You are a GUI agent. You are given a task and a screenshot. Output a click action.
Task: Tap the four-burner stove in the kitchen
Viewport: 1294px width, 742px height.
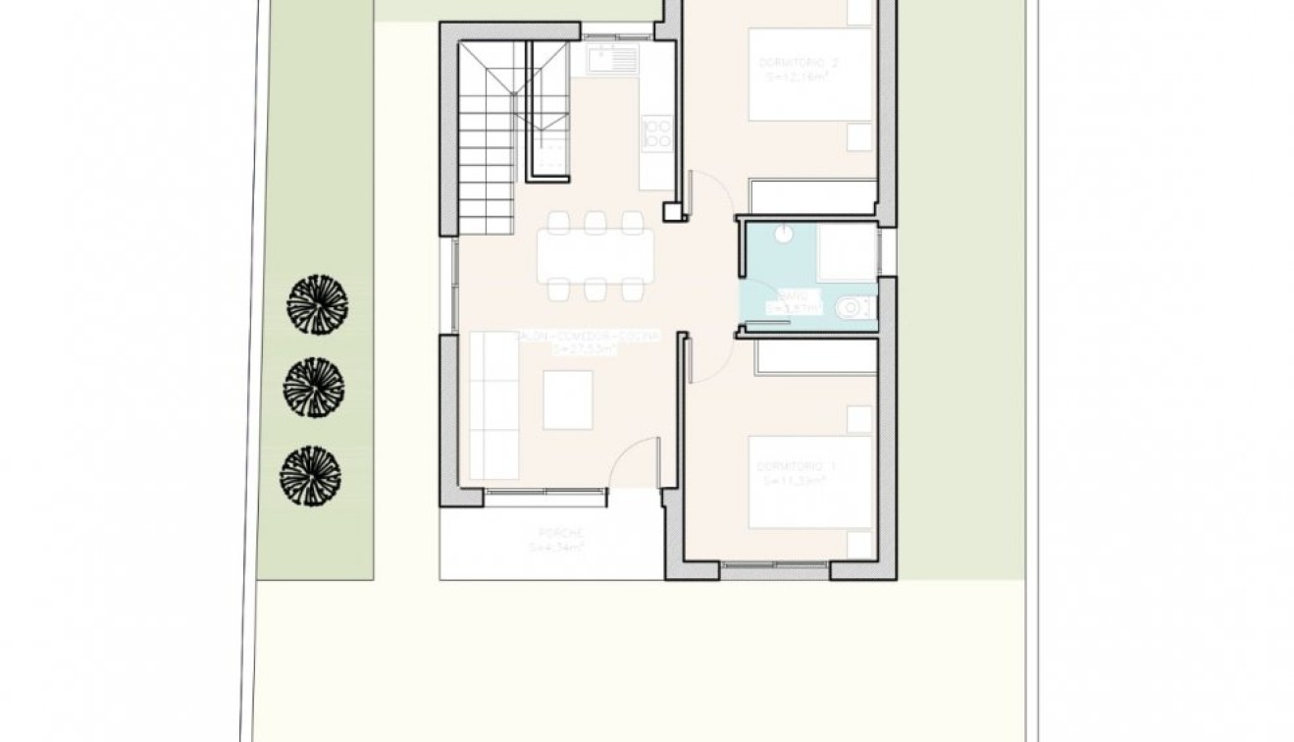657,132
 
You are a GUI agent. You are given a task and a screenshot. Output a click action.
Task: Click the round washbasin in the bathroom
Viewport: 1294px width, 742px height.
784,234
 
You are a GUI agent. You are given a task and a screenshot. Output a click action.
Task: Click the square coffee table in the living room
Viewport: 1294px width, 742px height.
568,399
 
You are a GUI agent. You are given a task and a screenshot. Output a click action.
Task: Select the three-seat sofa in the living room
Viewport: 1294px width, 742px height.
492,405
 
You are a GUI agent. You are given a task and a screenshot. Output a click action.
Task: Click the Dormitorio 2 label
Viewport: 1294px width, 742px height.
800,68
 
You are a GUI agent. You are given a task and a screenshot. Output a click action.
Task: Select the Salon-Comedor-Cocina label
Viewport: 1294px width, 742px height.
590,341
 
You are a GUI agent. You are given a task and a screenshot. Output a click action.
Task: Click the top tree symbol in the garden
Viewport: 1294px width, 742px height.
318,303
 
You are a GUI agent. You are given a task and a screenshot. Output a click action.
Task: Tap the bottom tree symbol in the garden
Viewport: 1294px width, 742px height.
310,476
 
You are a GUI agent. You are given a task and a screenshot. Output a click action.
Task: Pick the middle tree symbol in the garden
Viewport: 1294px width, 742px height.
314,387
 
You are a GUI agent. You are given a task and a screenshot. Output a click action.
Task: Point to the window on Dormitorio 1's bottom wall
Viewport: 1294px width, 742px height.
775,566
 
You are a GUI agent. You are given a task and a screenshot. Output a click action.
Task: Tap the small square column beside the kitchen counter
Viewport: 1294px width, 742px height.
673,211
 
